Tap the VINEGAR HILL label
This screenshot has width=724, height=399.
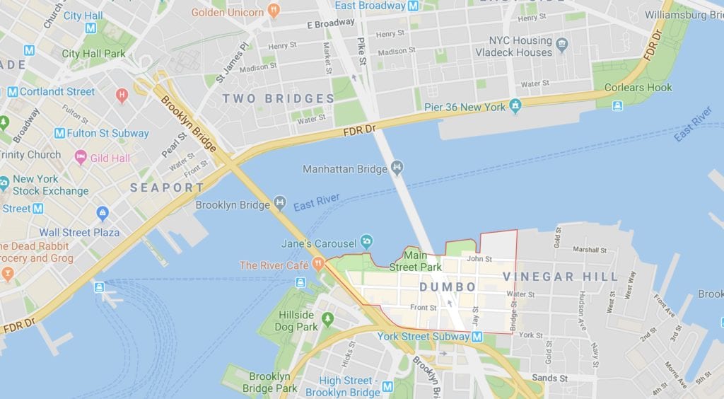pyautogui.click(x=560, y=277)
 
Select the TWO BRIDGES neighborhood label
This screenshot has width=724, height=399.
pyautogui.click(x=279, y=98)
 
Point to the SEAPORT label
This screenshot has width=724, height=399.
pyautogui.click(x=167, y=187)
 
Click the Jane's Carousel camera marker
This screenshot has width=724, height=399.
pyautogui.click(x=366, y=241)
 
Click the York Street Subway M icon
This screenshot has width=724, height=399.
pyautogui.click(x=477, y=337)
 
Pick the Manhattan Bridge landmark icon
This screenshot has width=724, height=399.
pyautogui.click(x=397, y=168)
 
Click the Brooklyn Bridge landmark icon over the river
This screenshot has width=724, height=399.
pyautogui.click(x=280, y=204)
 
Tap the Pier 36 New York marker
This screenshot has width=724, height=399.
pyautogui.click(x=515, y=107)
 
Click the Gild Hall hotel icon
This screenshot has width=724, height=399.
pyautogui.click(x=81, y=157)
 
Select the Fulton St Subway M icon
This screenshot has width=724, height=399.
pyautogui.click(x=59, y=133)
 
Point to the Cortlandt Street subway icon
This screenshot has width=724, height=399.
pyautogui.click(x=12, y=91)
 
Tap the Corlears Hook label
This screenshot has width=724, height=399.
pyautogui.click(x=638, y=88)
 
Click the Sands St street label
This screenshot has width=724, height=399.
pyautogui.click(x=549, y=378)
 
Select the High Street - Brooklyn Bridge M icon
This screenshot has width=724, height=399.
pyautogui.click(x=387, y=386)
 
